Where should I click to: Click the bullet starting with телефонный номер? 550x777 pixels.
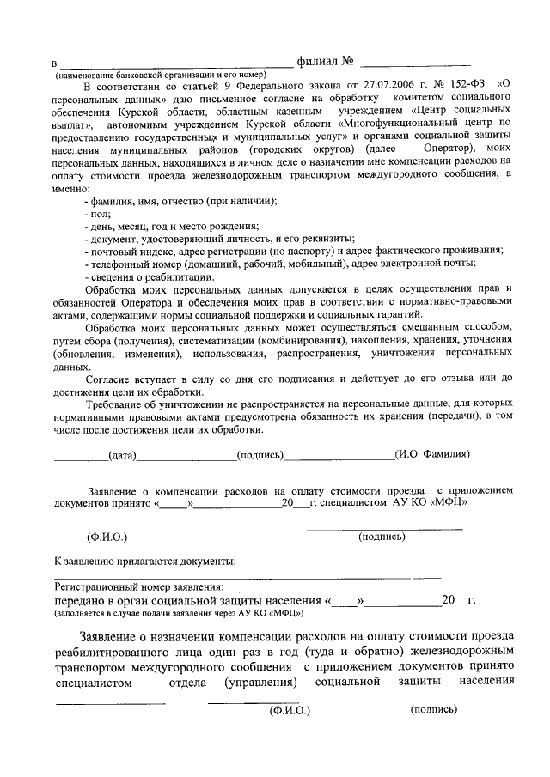click(x=279, y=264)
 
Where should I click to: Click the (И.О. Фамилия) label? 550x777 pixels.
click(x=431, y=454)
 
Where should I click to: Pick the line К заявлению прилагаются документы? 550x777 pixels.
click(x=145, y=561)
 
